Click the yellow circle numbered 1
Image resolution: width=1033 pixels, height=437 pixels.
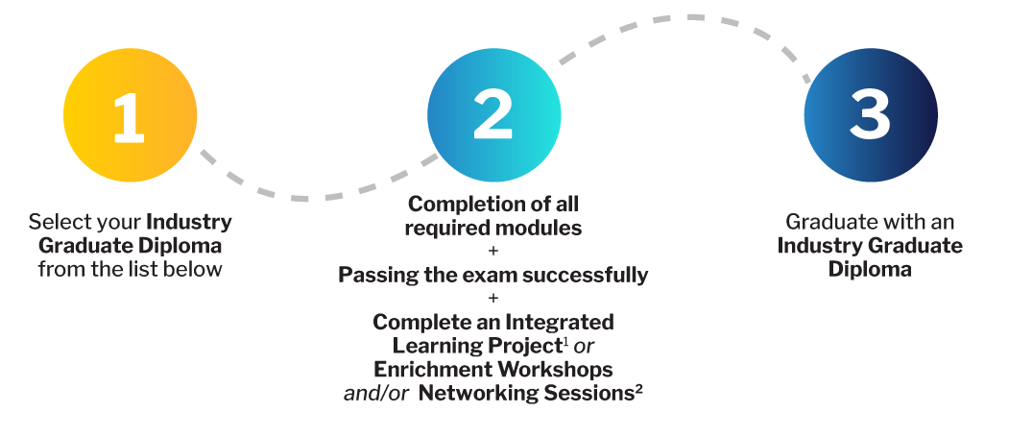coord(130,116)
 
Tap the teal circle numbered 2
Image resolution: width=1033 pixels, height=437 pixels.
coord(493,116)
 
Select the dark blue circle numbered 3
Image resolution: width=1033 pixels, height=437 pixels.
coord(870,116)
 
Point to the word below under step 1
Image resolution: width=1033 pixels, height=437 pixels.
coord(196,268)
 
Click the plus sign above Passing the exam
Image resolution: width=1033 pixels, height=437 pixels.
coord(493,252)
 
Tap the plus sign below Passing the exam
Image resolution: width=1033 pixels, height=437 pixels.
coord(493,299)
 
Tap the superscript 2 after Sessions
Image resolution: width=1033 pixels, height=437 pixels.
coord(638,388)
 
